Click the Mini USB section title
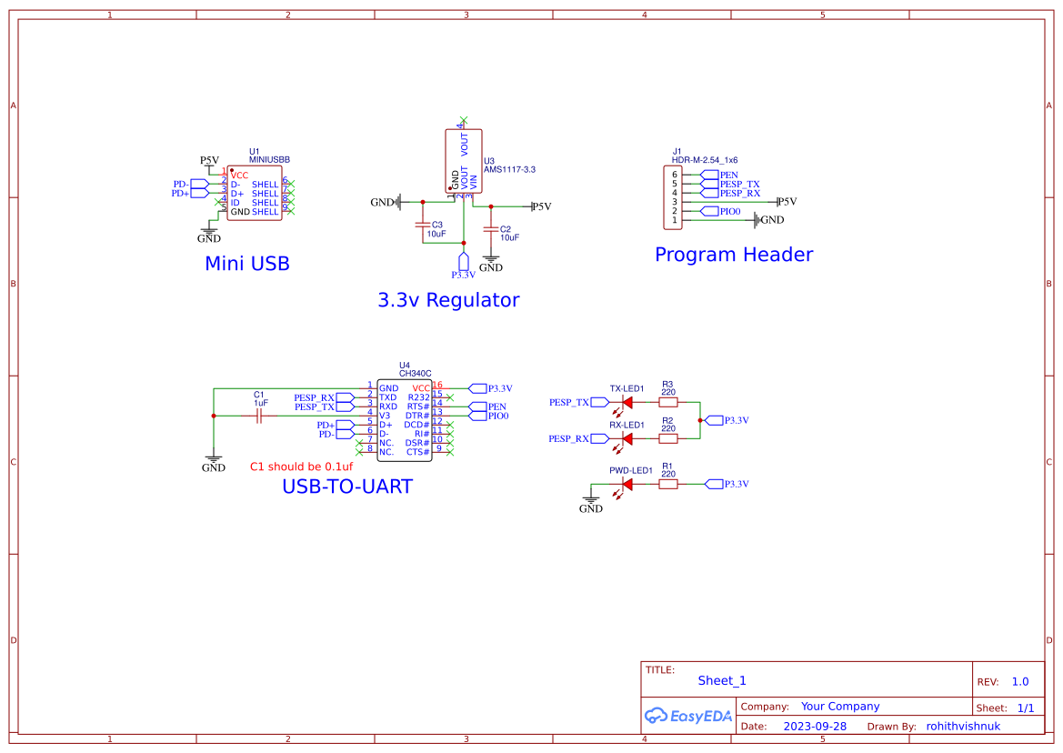pyautogui.click(x=246, y=264)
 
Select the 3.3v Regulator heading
pyautogui.click(x=448, y=300)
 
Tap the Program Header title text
pyautogui.click(x=733, y=255)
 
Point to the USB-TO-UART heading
pyautogui.click(x=346, y=487)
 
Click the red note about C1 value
pyautogui.click(x=301, y=467)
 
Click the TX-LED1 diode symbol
pyautogui.click(x=626, y=402)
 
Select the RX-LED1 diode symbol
pyautogui.click(x=626, y=438)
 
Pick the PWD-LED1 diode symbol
pyautogui.click(x=626, y=484)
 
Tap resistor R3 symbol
pyautogui.click(x=668, y=402)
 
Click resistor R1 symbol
pyautogui.click(x=668, y=484)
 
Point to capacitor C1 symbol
pyautogui.click(x=259, y=416)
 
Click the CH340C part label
pyautogui.click(x=415, y=374)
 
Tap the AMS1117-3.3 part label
pyautogui.click(x=509, y=169)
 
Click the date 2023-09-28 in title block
pyautogui.click(x=815, y=727)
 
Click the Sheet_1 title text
pyautogui.click(x=722, y=680)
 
